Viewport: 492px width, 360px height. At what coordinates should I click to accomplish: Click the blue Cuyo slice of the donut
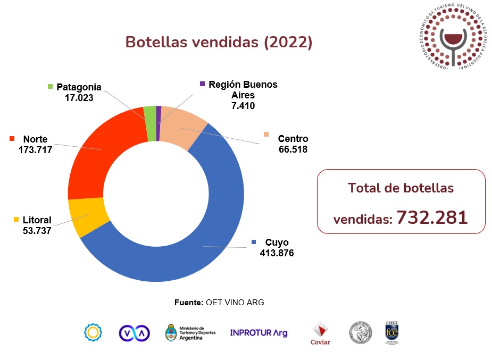[213, 234]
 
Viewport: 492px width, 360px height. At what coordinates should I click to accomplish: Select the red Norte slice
[101, 160]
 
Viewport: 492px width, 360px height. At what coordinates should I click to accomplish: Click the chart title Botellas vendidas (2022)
[219, 42]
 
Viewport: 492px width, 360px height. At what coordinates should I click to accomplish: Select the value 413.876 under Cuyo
[277, 253]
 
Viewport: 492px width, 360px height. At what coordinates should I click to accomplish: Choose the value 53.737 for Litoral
[37, 230]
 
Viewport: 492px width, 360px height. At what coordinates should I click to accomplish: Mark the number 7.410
[243, 105]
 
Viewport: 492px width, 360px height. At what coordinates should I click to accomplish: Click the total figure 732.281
[432, 217]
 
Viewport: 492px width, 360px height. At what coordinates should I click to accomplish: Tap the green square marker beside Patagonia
[51, 87]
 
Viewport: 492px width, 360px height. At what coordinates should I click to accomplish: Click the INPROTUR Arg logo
[258, 333]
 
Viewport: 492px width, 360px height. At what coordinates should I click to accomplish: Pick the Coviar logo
[320, 333]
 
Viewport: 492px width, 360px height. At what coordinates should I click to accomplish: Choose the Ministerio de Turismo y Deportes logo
[190, 333]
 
